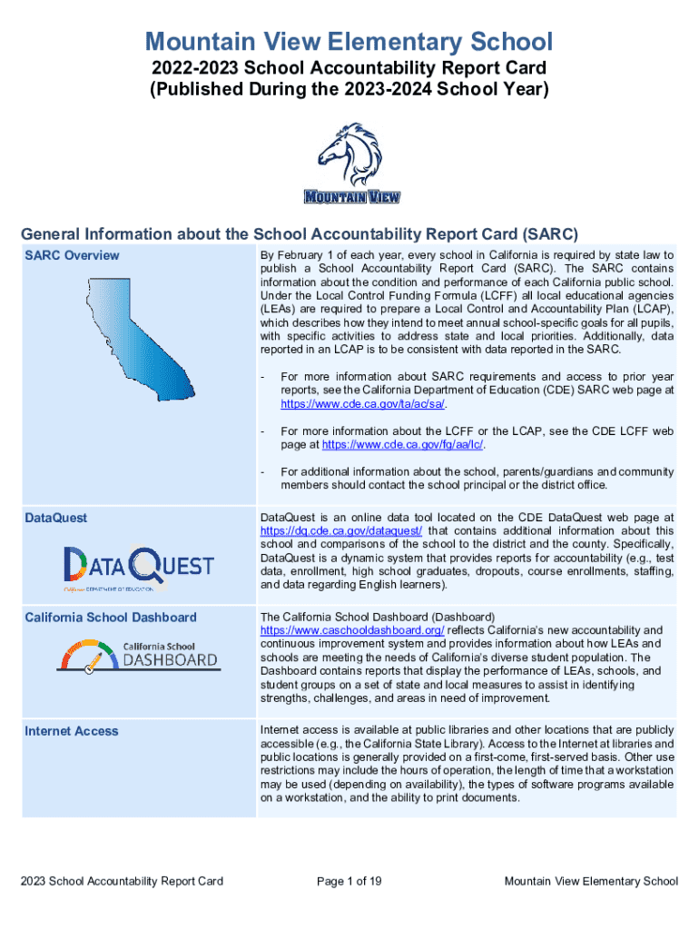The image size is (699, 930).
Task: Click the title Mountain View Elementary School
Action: pyautogui.click(x=349, y=41)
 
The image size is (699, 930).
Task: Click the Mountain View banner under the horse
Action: pyautogui.click(x=351, y=196)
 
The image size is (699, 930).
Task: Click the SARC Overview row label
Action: pyautogui.click(x=72, y=255)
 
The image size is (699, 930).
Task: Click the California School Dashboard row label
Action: pyautogui.click(x=110, y=618)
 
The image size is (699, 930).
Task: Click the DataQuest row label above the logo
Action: pyautogui.click(x=56, y=518)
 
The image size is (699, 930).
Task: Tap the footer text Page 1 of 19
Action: pyautogui.click(x=349, y=881)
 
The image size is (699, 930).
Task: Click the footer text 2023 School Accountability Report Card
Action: pyautogui.click(x=123, y=881)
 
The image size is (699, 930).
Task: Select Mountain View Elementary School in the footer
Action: pyautogui.click(x=591, y=881)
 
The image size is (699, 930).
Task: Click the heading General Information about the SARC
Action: pyautogui.click(x=300, y=232)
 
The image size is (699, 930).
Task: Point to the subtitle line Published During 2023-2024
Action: pyautogui.click(x=349, y=89)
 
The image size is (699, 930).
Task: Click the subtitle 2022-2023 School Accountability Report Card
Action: pyautogui.click(x=349, y=68)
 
